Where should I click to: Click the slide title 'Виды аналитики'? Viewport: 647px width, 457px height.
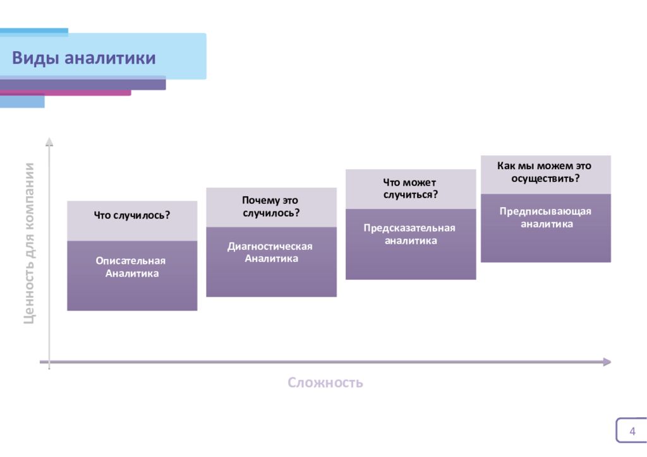84,59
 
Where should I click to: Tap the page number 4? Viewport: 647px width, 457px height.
632,432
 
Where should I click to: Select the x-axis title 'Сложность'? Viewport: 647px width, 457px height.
325,383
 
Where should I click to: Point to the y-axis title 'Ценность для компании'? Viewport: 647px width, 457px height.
30,243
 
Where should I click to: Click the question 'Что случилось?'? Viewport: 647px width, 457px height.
132,215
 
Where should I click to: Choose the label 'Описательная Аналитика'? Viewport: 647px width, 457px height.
131,267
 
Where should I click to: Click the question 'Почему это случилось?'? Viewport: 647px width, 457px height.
271,206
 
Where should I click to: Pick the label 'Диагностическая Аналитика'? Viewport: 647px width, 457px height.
270,252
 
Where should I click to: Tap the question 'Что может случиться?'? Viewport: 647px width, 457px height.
410,188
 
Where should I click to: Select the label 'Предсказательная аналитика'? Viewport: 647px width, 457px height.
410,234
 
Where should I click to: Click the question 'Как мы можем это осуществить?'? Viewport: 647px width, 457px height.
545,172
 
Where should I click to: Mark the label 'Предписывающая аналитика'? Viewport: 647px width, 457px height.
546,217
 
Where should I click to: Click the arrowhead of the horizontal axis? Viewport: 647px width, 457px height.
607,362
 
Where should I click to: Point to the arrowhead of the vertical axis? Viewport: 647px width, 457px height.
49,141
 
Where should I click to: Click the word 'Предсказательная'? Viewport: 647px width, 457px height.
409,228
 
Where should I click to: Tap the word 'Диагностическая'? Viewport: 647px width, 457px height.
270,246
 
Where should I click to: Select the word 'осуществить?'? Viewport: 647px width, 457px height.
545,178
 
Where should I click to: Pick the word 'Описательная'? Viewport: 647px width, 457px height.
131,261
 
